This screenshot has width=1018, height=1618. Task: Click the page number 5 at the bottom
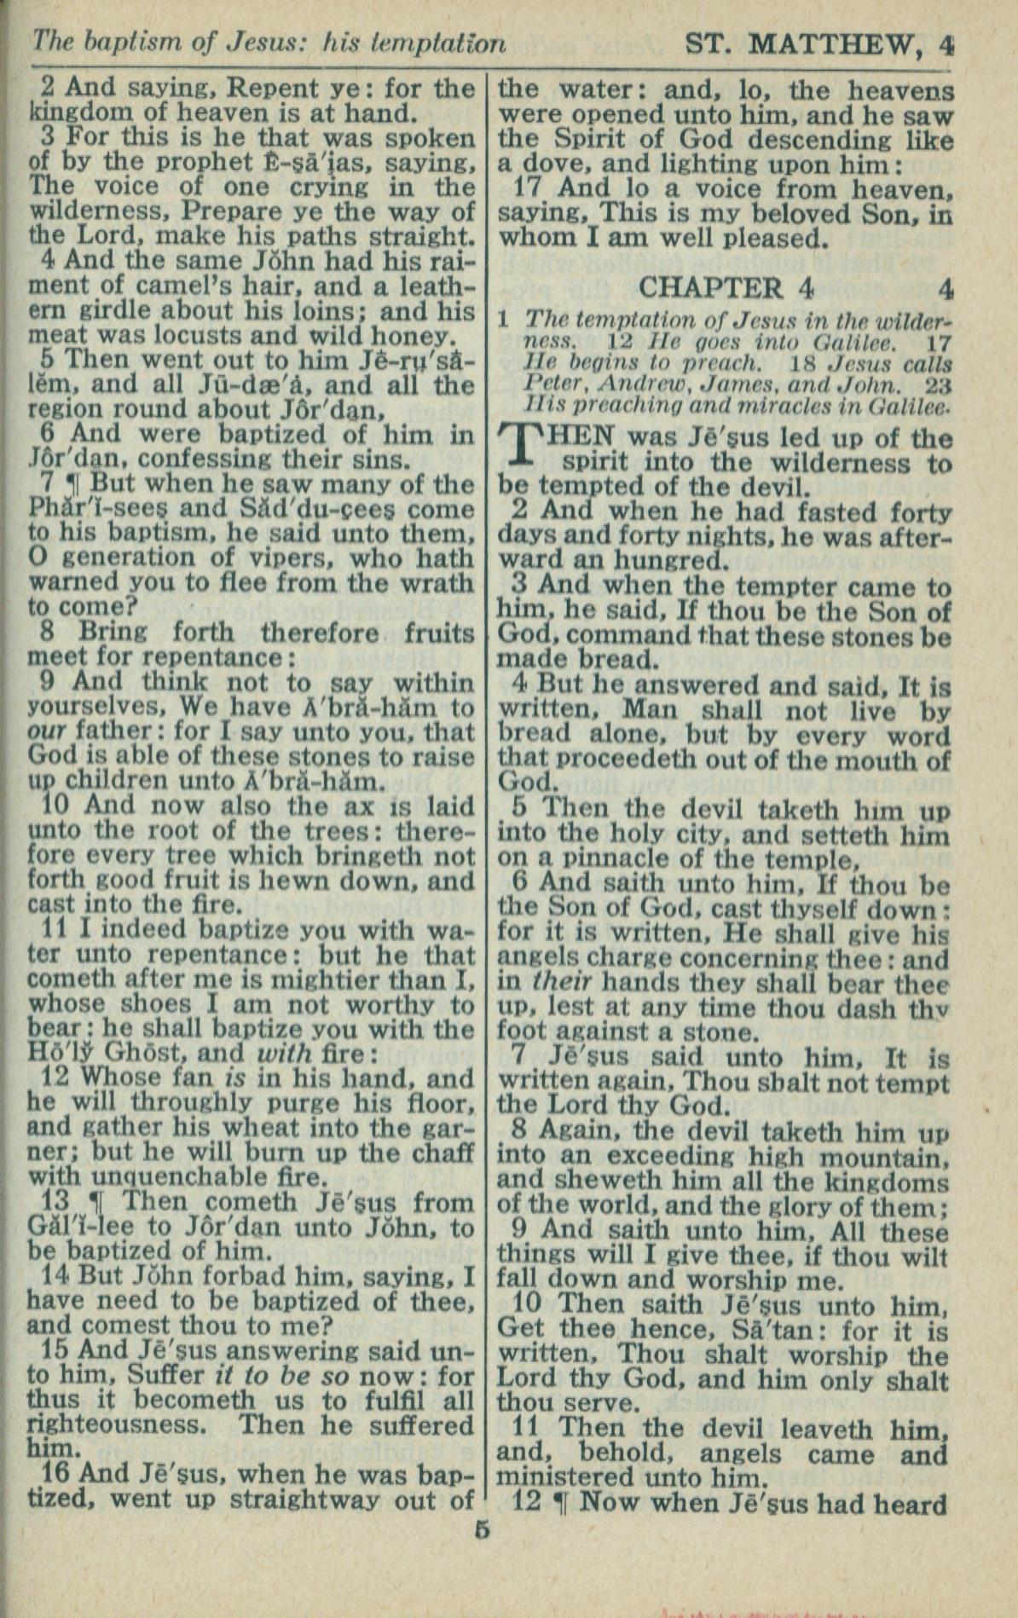[483, 1528]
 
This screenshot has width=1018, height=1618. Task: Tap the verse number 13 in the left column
[55, 1201]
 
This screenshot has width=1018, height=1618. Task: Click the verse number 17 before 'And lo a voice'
[531, 188]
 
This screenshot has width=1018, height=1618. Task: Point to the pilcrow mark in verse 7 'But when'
[73, 484]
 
